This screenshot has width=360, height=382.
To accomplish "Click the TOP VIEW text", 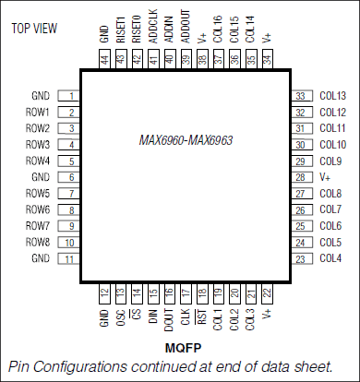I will coord(37,27).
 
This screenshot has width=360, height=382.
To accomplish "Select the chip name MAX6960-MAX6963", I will coord(184,140).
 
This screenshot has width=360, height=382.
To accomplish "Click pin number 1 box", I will coord(71,96).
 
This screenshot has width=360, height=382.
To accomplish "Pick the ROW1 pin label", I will coord(37,113).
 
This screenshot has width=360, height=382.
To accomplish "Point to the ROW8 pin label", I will coord(37,243).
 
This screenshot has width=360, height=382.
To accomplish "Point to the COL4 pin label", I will coord(330,258).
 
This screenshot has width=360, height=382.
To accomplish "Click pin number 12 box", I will coord(104,292).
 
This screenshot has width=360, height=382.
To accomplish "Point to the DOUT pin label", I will coord(169,318).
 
